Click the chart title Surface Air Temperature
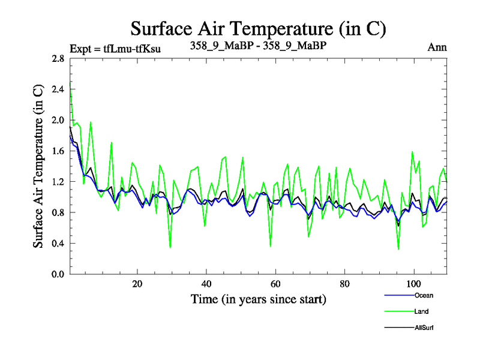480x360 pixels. tap(258, 28)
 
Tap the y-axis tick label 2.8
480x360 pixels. tap(58, 59)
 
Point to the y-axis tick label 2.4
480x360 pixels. tap(58, 89)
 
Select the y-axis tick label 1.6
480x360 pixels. tap(58, 151)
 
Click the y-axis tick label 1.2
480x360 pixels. tap(58, 182)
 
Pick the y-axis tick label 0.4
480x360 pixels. tap(58, 244)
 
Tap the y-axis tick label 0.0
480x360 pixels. tap(58, 274)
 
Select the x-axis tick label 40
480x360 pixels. tap(206, 284)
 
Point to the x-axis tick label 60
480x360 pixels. tap(275, 284)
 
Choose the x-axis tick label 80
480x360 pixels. tap(344, 284)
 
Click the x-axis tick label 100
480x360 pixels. tap(414, 284)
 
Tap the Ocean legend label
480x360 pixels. tap(424, 295)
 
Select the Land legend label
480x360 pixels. tap(421, 311)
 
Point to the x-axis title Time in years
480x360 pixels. tap(258, 298)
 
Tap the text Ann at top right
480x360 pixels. tap(437, 47)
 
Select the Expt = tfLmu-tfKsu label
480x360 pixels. tap(115, 48)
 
